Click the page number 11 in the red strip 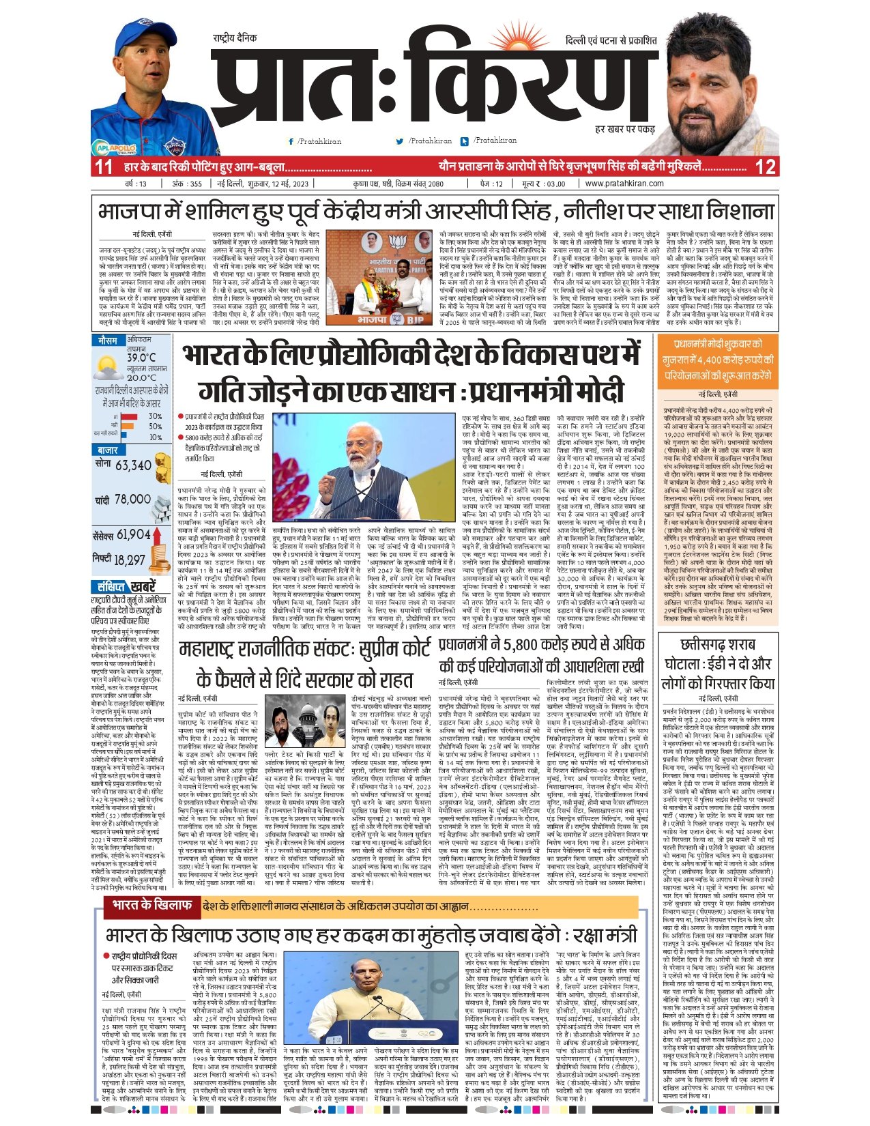tap(103, 167)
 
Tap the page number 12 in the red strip tap(766, 167)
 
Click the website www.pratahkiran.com tap(624, 184)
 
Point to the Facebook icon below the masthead tap(291, 141)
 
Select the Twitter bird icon tap(400, 141)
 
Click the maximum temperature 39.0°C tap(141, 357)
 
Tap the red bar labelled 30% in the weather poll tap(130, 416)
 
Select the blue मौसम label tap(108, 340)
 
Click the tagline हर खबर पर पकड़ tap(624, 129)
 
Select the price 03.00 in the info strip tap(555, 184)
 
